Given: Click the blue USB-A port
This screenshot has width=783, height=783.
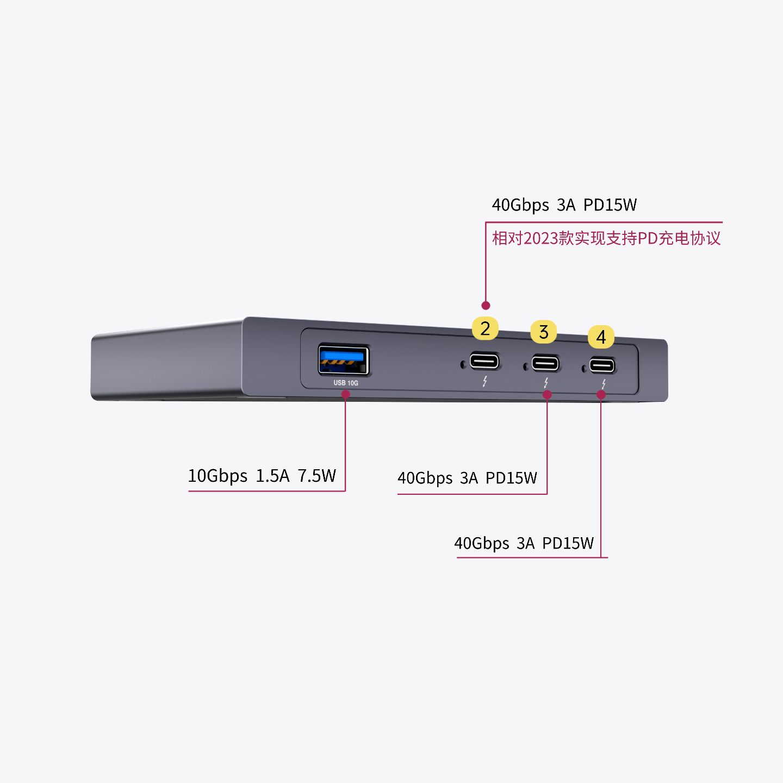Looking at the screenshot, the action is [x=343, y=359].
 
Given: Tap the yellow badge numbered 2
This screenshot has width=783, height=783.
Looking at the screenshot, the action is [x=485, y=328].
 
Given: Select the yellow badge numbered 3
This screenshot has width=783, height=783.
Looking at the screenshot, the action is [x=544, y=332].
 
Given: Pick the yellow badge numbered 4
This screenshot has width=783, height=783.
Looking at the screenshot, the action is [x=601, y=337].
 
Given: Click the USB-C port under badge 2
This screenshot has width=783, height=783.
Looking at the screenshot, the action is [x=484, y=361].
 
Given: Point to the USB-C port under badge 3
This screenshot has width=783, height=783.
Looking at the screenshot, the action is [x=545, y=363].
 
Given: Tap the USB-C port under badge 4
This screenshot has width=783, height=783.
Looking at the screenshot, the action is [x=602, y=365].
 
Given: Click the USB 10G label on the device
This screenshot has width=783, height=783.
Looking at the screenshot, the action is [x=346, y=383].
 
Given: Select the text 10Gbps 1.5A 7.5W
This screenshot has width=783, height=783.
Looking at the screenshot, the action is [x=262, y=475].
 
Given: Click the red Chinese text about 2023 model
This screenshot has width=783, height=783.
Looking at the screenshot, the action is [x=606, y=238].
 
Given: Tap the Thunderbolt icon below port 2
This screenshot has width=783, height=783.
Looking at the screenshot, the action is [x=484, y=382].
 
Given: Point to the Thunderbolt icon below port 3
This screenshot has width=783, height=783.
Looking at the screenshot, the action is [x=546, y=383].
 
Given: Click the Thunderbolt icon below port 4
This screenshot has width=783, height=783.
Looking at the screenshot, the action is [x=604, y=384].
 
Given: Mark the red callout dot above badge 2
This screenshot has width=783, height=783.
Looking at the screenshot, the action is [x=486, y=305].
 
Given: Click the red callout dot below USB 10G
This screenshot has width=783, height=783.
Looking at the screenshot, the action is [x=345, y=394].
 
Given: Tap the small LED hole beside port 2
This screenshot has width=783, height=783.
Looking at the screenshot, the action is [x=463, y=364].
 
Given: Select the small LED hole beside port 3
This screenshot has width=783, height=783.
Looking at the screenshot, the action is [x=525, y=367].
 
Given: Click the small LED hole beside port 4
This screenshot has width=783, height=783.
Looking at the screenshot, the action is [x=584, y=369].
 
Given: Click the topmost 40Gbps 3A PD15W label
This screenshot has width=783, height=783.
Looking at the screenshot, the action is [x=564, y=205].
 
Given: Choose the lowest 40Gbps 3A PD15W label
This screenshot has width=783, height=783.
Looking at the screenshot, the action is [x=524, y=543].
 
